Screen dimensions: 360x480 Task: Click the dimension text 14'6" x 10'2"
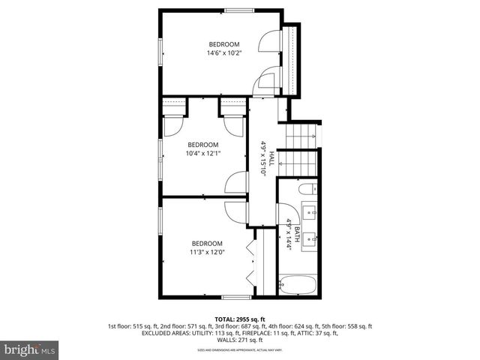pos(223,52)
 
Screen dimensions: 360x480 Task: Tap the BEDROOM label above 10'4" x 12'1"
pos(202,145)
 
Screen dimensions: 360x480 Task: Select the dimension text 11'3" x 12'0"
pos(207,253)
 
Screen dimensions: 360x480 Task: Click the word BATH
pos(297,232)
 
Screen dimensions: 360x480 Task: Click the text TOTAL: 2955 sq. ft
pos(240,318)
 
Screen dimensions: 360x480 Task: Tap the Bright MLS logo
pos(31,350)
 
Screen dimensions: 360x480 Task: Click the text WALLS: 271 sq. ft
pos(240,340)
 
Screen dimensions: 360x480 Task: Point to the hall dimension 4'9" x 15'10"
pos(263,157)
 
